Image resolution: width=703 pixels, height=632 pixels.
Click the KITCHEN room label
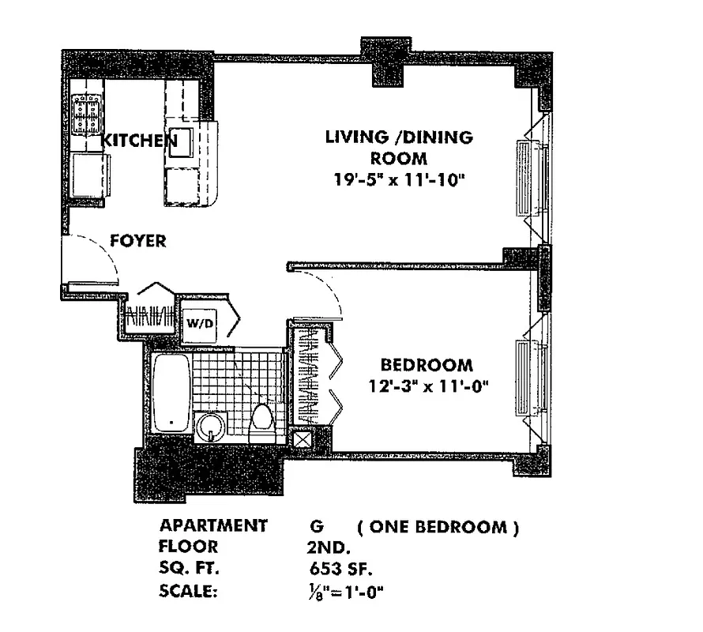139,141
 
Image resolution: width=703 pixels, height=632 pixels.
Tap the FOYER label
137,241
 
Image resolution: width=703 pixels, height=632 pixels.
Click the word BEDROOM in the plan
427,365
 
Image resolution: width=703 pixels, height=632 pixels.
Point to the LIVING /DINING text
400,137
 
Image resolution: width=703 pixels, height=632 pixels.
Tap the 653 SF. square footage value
341,568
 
